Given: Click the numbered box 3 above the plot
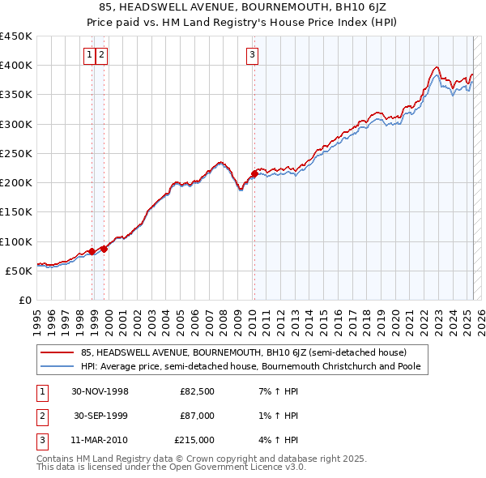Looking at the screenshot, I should coord(253,55).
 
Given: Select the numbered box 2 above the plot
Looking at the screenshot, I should coord(102,55).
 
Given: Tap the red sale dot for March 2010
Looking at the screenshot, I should coord(254,173).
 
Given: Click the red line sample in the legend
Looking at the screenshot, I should coord(57,352).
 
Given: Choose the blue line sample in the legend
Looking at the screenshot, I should coord(57,367).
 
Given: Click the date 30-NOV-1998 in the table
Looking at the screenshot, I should coord(100,392).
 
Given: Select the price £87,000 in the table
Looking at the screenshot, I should coord(198,416).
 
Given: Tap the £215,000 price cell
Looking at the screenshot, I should coord(195,440).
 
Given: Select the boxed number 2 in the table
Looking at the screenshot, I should coord(41,416).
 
